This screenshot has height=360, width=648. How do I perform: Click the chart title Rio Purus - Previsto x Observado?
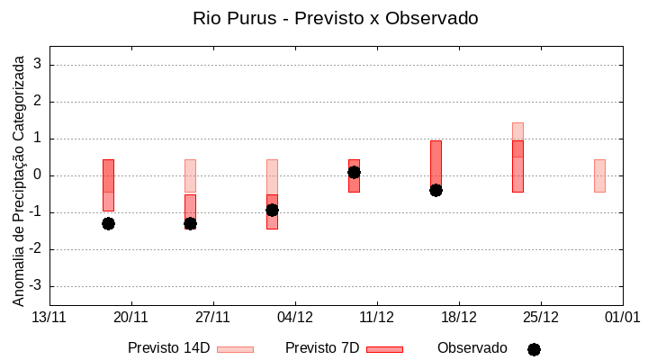[x=335, y=18]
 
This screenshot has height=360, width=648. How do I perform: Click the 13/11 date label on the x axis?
[x=49, y=317]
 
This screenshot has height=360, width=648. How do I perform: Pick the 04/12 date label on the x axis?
[x=295, y=317]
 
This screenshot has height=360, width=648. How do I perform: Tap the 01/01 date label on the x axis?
[x=622, y=317]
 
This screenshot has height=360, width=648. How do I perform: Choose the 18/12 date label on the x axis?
[x=459, y=317]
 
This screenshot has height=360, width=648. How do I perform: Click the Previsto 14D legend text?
[x=168, y=348]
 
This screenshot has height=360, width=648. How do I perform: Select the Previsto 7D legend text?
[x=321, y=348]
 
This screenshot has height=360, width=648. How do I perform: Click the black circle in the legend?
[x=534, y=349]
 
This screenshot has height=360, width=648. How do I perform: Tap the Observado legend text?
[x=472, y=348]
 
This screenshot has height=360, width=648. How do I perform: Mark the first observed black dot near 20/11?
[x=108, y=223]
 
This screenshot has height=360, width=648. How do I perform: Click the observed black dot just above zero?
[x=354, y=172]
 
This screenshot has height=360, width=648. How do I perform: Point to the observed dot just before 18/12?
[x=436, y=190]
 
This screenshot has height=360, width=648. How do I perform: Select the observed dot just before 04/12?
[x=272, y=210]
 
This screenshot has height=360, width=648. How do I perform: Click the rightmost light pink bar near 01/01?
[x=599, y=175]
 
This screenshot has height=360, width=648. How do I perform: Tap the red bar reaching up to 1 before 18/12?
[x=436, y=162]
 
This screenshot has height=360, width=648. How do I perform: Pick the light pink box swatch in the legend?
[x=236, y=349]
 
